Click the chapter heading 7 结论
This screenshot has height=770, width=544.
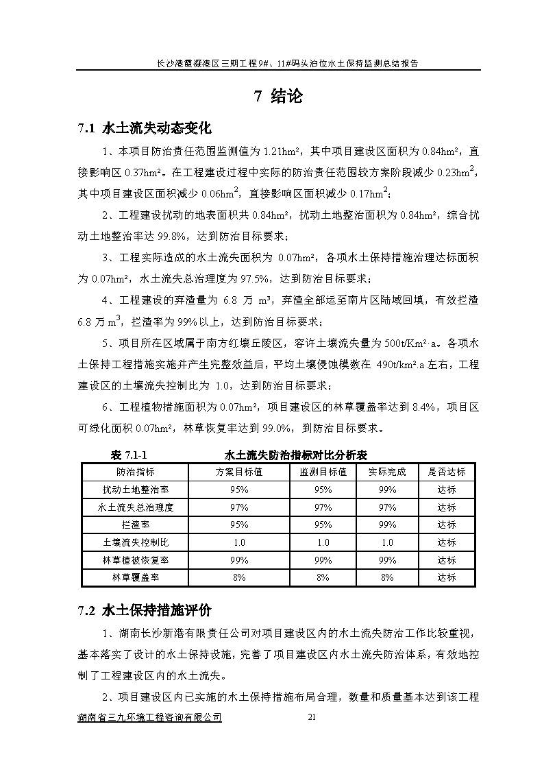(278, 96)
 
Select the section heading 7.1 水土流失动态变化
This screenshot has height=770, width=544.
(145, 128)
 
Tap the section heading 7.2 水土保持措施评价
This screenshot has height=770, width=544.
(145, 610)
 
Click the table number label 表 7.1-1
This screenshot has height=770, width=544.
(129, 455)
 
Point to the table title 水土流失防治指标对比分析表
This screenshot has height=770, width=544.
(296, 455)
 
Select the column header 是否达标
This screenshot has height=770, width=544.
(447, 472)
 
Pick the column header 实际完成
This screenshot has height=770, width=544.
(387, 472)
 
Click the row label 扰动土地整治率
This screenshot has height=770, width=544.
(135, 490)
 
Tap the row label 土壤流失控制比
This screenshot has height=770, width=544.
(135, 542)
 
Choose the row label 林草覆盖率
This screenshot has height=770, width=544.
(135, 577)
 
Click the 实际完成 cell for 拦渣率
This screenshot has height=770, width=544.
(387, 525)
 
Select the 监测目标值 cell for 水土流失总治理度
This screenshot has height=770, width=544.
(323, 507)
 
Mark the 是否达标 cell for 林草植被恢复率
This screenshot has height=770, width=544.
(447, 560)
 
